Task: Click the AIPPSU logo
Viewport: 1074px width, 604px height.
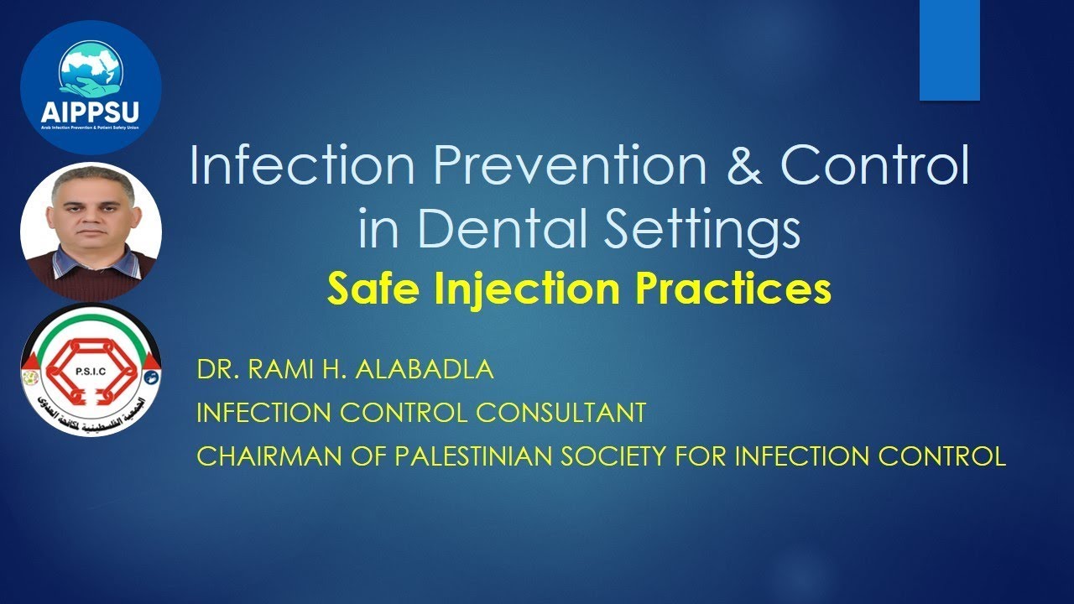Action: [91, 86]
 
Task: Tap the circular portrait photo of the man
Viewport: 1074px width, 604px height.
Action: [91, 232]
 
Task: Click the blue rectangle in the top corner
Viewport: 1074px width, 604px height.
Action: [949, 50]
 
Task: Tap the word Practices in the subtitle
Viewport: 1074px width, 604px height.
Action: [733, 289]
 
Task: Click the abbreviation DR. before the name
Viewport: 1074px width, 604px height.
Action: [214, 370]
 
